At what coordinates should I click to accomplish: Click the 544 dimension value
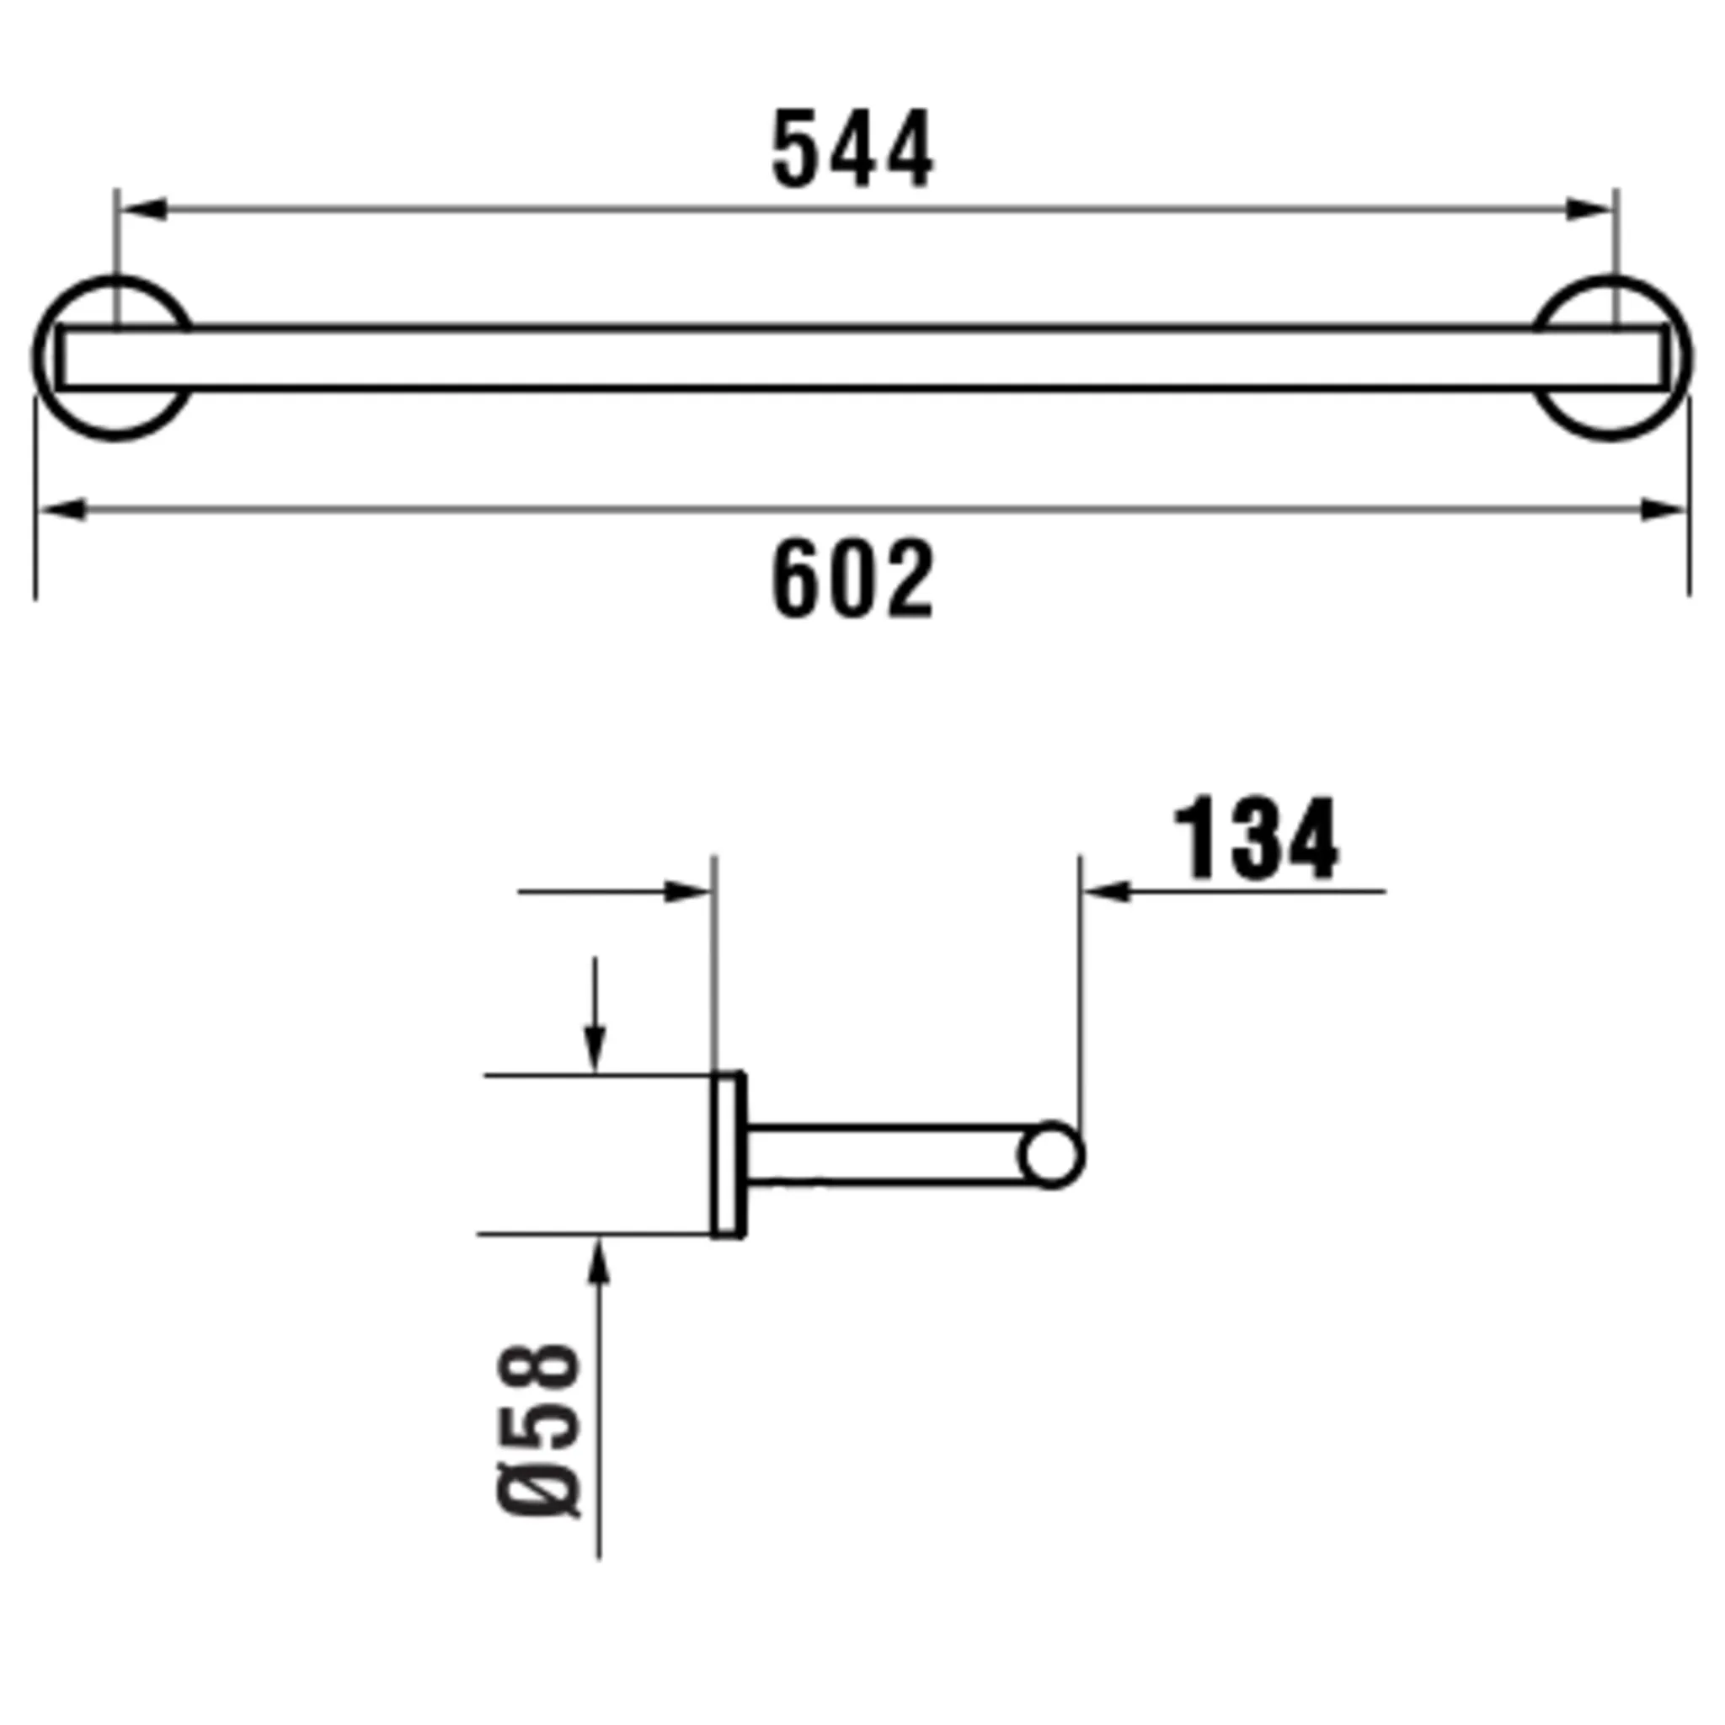852,148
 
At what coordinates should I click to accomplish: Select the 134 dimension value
1255,838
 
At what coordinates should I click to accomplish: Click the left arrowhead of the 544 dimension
143,210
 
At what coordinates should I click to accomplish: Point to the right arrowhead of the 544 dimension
1589,210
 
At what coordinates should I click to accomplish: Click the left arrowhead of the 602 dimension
62,510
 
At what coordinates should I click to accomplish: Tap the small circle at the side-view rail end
1052,1155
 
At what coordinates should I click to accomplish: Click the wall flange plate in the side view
729,1156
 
